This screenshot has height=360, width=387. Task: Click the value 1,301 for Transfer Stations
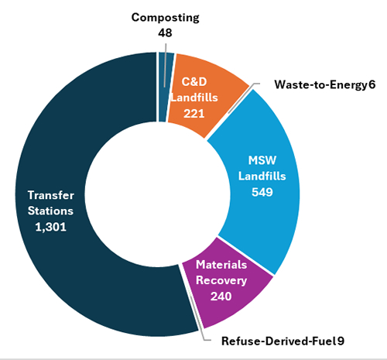coord(51,227)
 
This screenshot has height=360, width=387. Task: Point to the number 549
coord(262,192)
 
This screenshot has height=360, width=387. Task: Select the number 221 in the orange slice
coord(194,114)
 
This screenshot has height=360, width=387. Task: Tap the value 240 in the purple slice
coord(221,297)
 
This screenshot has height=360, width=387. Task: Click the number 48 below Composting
coord(165,33)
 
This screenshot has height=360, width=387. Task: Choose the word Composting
coord(166,18)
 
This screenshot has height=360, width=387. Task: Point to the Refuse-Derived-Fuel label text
coord(279,341)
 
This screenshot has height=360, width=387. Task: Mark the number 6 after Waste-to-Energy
coord(372,84)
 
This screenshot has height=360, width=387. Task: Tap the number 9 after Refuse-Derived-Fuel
coord(341,341)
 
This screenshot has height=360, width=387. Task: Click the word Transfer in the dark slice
coord(51,195)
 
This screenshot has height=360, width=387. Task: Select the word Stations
coord(50,211)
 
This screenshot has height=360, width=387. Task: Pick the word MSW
coord(262,160)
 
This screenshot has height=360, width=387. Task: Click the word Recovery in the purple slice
coord(221,280)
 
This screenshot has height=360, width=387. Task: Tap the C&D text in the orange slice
coord(194,82)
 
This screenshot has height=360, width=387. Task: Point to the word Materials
coord(221,265)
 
